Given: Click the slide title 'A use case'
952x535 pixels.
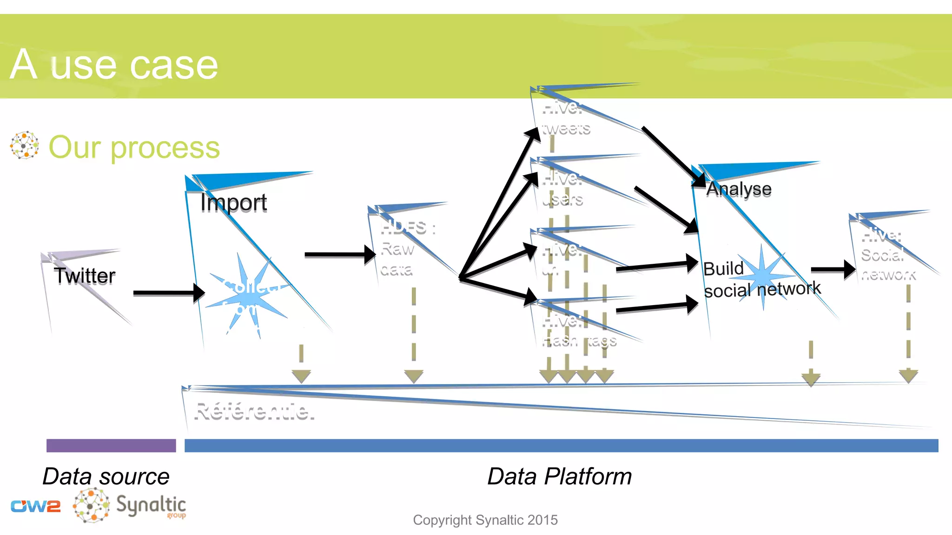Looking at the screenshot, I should click(114, 65).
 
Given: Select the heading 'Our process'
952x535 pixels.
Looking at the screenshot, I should click(134, 148).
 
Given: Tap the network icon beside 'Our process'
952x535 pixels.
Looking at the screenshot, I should click(24, 145).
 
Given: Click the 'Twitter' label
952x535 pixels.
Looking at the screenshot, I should click(84, 276).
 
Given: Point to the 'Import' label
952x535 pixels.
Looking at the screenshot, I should click(233, 202).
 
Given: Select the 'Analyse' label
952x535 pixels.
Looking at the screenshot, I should click(739, 189).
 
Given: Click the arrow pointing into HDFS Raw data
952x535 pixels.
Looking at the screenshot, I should click(339, 254).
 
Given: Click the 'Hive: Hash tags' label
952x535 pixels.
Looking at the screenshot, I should click(579, 331).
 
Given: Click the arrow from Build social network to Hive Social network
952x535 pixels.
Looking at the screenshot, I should click(833, 269).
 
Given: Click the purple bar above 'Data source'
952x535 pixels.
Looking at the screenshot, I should click(111, 445).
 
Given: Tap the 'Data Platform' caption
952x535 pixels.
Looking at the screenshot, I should click(559, 476).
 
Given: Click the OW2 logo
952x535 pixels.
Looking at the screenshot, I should click(36, 506).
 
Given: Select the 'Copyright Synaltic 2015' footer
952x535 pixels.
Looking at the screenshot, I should click(485, 520).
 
